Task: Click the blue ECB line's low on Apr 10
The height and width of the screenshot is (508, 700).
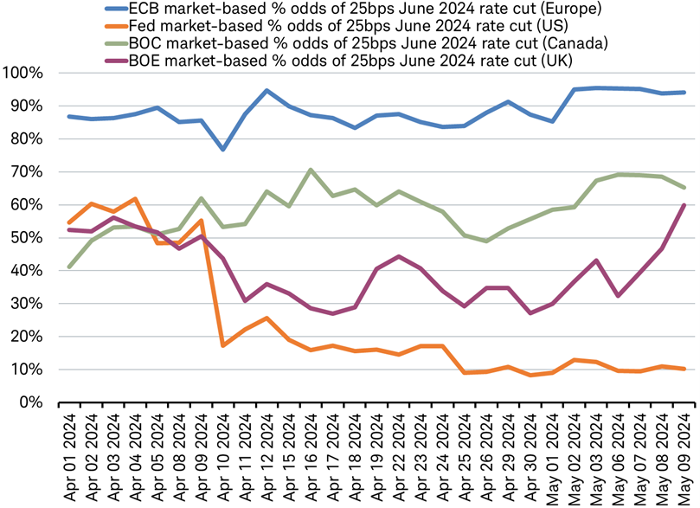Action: [x=223, y=150]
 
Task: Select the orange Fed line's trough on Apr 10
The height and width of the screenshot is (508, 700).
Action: [x=223, y=345]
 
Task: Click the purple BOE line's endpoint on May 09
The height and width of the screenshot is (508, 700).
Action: [x=685, y=205]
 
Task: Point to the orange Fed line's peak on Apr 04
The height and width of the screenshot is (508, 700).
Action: [x=135, y=199]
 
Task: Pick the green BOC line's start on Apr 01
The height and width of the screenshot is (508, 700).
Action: [x=69, y=267]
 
